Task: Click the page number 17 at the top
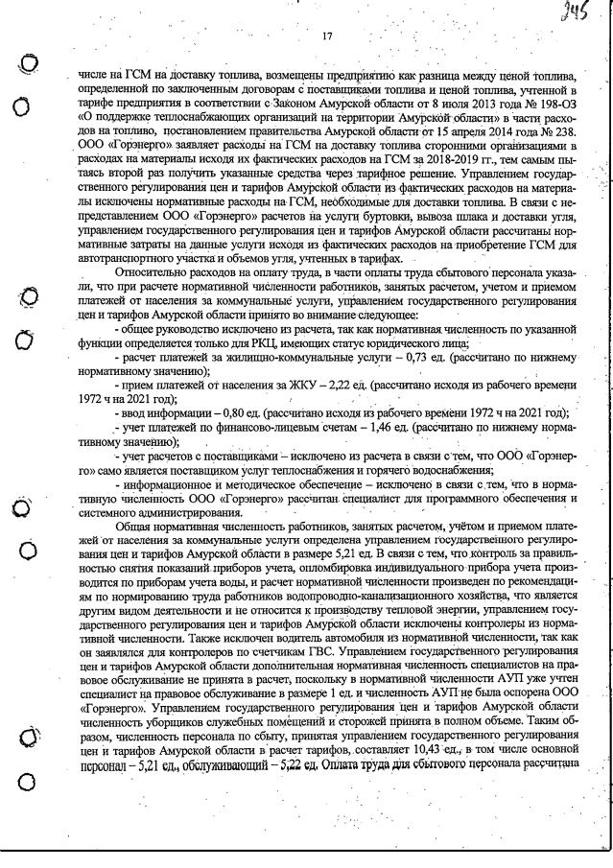(x=326, y=36)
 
